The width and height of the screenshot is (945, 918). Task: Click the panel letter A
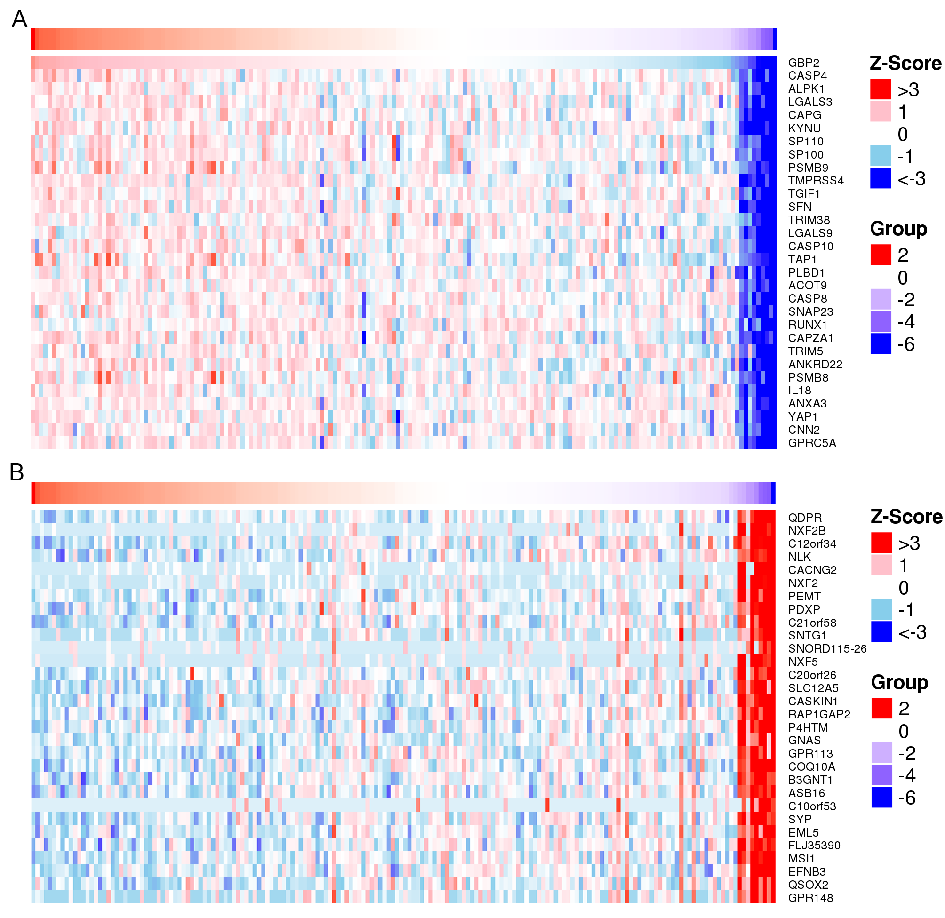tap(19, 19)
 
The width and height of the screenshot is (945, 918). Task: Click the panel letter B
tap(17, 472)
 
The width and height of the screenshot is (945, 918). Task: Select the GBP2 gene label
tap(804, 63)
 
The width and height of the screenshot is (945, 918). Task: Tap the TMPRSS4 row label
tap(816, 181)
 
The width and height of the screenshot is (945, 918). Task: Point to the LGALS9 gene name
tap(810, 233)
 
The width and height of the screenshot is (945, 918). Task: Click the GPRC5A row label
tap(812, 443)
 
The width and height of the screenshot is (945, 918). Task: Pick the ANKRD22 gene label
tap(815, 365)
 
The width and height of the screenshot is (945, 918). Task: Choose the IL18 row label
tap(800, 391)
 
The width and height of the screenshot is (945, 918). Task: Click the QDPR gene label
tap(805, 518)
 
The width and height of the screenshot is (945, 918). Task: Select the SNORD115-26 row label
tap(827, 649)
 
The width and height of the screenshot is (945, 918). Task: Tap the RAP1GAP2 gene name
tap(819, 715)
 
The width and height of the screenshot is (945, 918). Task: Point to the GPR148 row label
tap(810, 898)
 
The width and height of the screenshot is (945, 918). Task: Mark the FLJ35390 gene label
tap(814, 846)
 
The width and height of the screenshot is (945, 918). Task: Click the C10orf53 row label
tap(812, 806)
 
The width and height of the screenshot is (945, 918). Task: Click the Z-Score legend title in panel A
tap(905, 63)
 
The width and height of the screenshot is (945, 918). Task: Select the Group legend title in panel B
tap(899, 682)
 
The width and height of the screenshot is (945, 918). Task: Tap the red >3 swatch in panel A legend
tap(881, 89)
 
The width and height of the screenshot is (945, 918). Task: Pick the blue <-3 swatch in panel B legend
tap(881, 631)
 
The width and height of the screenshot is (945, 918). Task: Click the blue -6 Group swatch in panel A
tap(881, 344)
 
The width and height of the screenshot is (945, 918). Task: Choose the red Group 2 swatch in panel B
tap(881, 708)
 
